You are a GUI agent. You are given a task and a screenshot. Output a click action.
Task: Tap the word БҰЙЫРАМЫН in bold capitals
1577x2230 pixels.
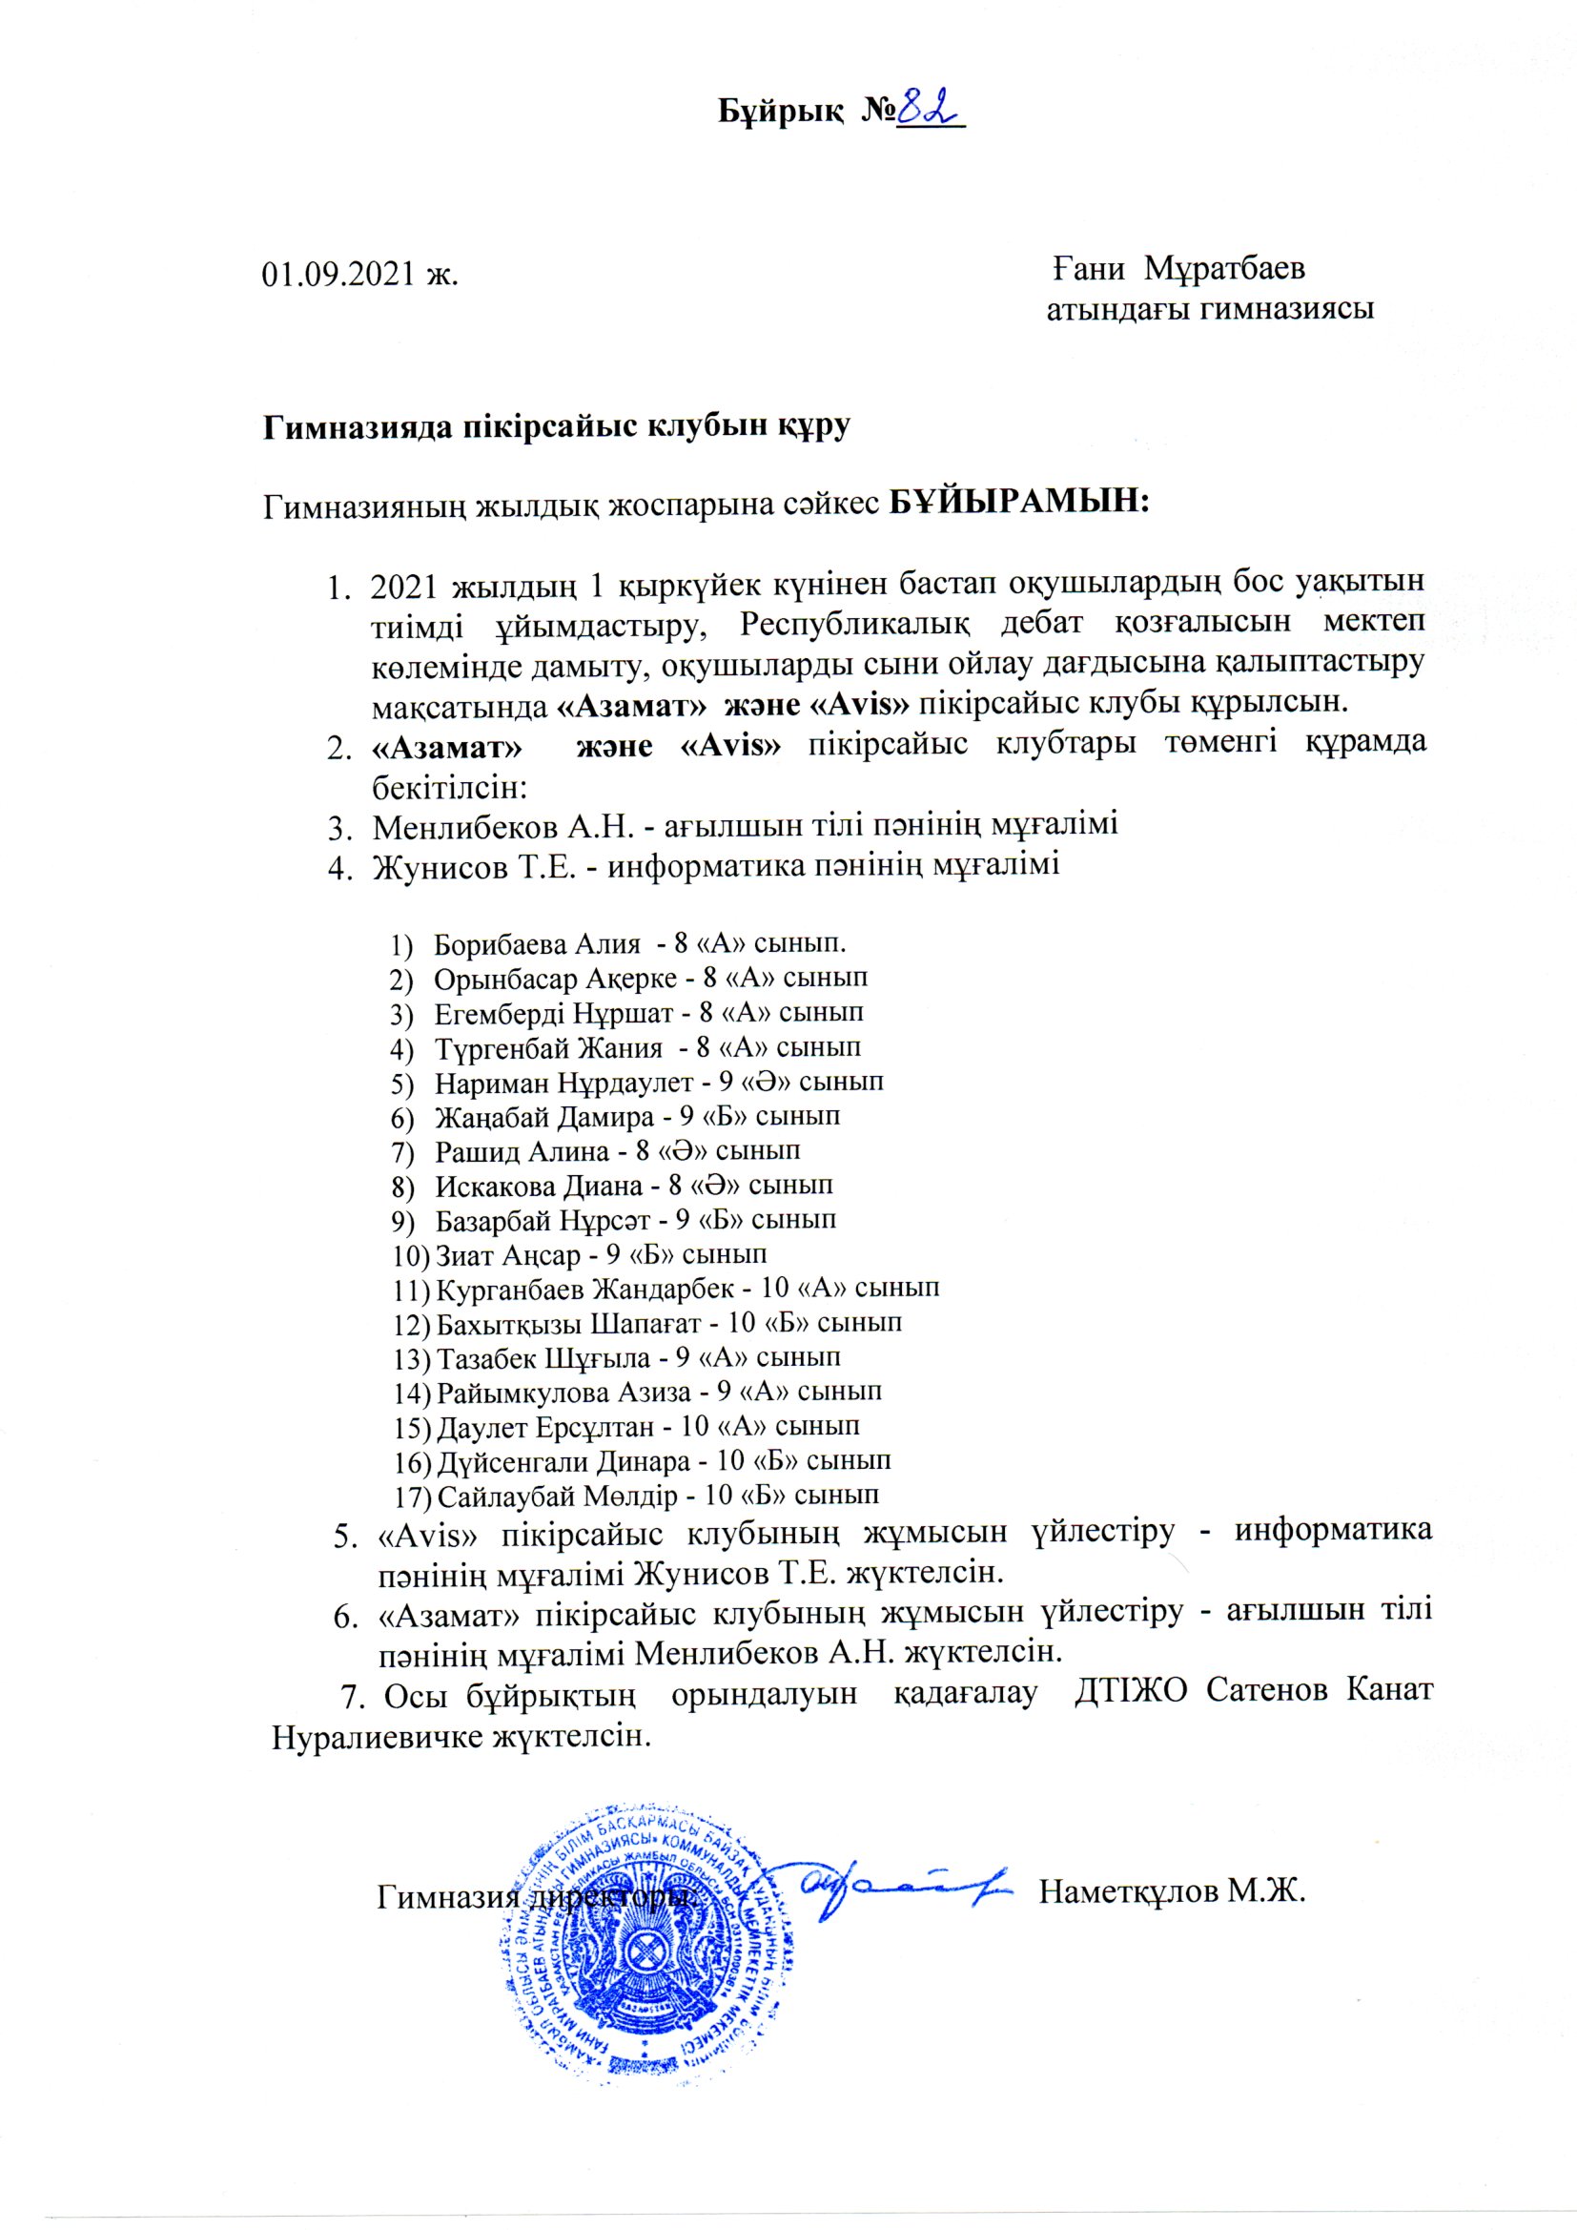tap(1019, 503)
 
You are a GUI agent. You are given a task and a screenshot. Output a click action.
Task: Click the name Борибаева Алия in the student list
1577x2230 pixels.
tap(537, 943)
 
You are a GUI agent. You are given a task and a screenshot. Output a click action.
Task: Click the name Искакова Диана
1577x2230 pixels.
tap(539, 1185)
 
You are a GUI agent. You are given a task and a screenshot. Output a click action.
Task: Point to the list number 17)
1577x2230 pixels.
tap(412, 1496)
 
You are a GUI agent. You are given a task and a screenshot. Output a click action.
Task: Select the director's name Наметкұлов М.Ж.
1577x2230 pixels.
tap(1173, 1893)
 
